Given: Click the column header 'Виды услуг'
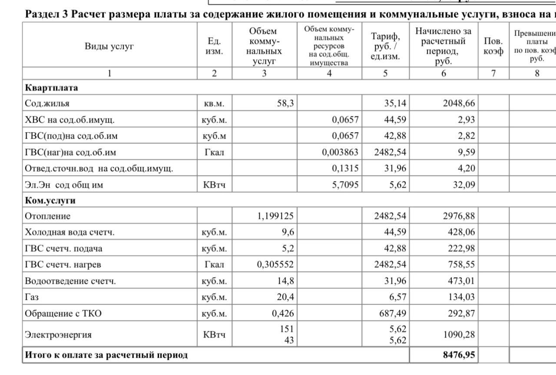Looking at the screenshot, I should point(109,46).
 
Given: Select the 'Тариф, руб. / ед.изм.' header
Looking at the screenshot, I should point(385,46).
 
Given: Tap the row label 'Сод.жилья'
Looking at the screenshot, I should point(47,103).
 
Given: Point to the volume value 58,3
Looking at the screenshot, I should point(285,103).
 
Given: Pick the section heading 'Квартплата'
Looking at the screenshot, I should point(51,87).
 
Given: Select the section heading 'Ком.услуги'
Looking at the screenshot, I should point(50,201).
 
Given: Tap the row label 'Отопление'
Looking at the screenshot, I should point(47,216).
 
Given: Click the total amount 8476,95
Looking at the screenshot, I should point(459,355).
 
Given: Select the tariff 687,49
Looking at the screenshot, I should point(393,313).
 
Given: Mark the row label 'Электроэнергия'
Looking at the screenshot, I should point(58,335).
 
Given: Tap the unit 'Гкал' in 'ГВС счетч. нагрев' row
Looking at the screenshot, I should point(215,265).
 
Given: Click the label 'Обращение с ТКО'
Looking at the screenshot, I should point(63,313).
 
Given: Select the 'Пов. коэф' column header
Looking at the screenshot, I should point(493,46).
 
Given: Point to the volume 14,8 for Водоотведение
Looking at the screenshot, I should point(285,281).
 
